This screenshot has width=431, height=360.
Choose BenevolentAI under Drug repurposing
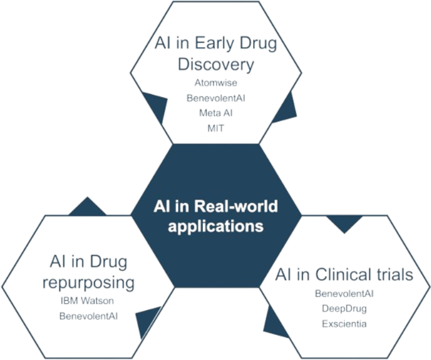tap(88, 315)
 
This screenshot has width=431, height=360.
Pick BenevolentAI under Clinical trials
tap(344, 294)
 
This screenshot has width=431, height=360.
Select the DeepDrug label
tap(344, 309)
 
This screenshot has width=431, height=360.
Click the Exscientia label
tap(344, 324)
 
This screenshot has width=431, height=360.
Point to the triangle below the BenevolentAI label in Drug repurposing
tap(147, 321)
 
